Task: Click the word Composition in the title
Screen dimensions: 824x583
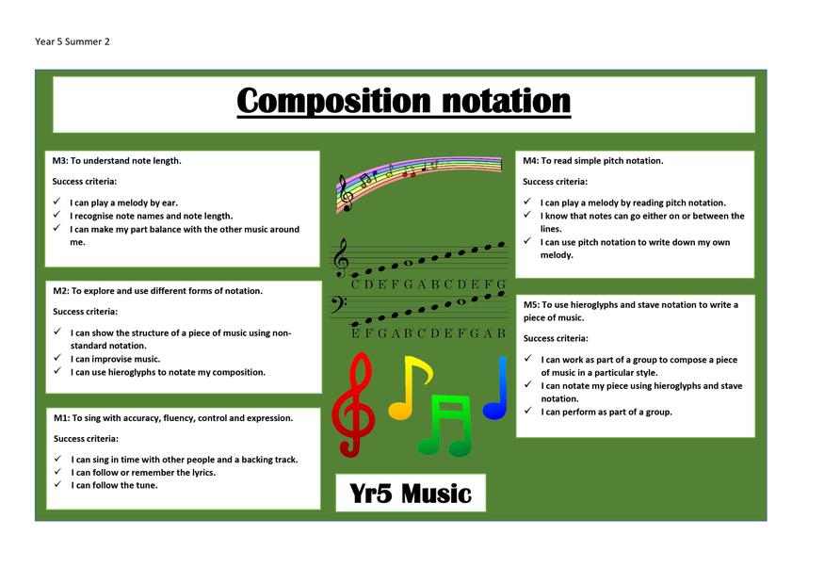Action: tap(333, 102)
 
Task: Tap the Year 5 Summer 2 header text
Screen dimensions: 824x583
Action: tap(73, 41)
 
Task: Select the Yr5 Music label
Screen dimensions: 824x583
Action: tap(411, 494)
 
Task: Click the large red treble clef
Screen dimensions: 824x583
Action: tap(353, 404)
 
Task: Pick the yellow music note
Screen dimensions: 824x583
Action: tap(409, 388)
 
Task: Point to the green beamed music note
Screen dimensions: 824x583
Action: tap(445, 425)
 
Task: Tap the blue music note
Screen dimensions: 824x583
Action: tap(496, 388)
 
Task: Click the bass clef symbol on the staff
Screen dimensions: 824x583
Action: tap(339, 306)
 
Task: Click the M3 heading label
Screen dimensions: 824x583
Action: tap(59, 161)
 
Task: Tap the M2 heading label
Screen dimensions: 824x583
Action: tap(60, 291)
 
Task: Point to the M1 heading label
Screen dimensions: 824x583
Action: tap(61, 418)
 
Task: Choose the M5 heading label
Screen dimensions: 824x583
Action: tap(531, 305)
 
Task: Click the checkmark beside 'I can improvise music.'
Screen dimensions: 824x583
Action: tap(57, 358)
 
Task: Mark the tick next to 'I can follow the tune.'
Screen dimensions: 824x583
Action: tap(57, 484)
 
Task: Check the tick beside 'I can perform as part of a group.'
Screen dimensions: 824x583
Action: tap(528, 411)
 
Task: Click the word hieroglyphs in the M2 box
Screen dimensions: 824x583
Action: tap(132, 372)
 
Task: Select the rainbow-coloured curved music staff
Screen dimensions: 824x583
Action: tap(419, 184)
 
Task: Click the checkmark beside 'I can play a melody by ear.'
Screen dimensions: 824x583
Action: tap(57, 202)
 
